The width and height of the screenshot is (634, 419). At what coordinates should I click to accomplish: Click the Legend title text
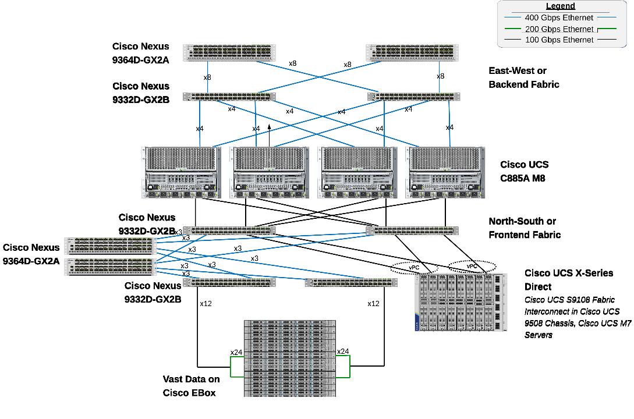[x=560, y=6]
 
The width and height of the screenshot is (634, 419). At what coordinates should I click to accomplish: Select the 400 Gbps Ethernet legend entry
[x=558, y=17]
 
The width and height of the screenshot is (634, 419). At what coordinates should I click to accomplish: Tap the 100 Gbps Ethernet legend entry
[x=558, y=40]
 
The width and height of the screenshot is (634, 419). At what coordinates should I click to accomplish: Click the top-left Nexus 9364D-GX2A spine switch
[x=229, y=52]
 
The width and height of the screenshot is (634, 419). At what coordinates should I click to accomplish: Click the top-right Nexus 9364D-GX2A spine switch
[x=413, y=52]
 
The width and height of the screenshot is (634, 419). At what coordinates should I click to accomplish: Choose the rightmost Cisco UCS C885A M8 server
[x=445, y=172]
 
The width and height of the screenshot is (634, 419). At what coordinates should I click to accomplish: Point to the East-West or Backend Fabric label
[x=523, y=78]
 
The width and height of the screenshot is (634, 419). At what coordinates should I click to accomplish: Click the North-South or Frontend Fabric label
[x=524, y=228]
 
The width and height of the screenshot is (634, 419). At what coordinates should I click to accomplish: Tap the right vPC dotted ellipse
[x=472, y=267]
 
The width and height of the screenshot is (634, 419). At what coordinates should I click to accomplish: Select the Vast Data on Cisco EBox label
[x=191, y=386]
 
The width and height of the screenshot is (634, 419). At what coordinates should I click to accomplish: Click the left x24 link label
[x=236, y=352]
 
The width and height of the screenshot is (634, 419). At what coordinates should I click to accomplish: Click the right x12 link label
[x=373, y=304]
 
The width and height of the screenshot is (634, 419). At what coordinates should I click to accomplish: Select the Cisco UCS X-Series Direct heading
[x=560, y=280]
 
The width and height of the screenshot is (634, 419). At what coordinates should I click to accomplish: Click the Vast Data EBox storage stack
[x=289, y=358]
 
